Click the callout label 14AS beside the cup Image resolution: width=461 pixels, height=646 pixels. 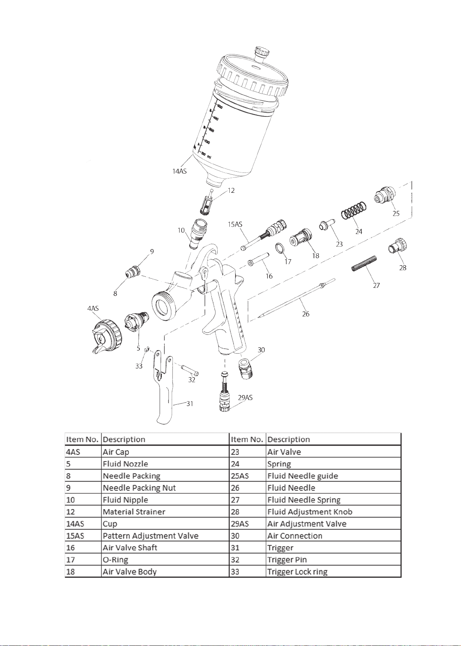click(x=179, y=171)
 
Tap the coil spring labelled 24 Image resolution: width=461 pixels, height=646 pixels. click(x=354, y=210)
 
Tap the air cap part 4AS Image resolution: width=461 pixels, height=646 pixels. click(x=106, y=336)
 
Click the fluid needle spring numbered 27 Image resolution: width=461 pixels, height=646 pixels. click(x=364, y=263)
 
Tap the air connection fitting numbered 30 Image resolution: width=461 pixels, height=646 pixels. click(x=246, y=369)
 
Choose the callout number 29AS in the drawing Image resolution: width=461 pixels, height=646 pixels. click(x=245, y=398)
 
